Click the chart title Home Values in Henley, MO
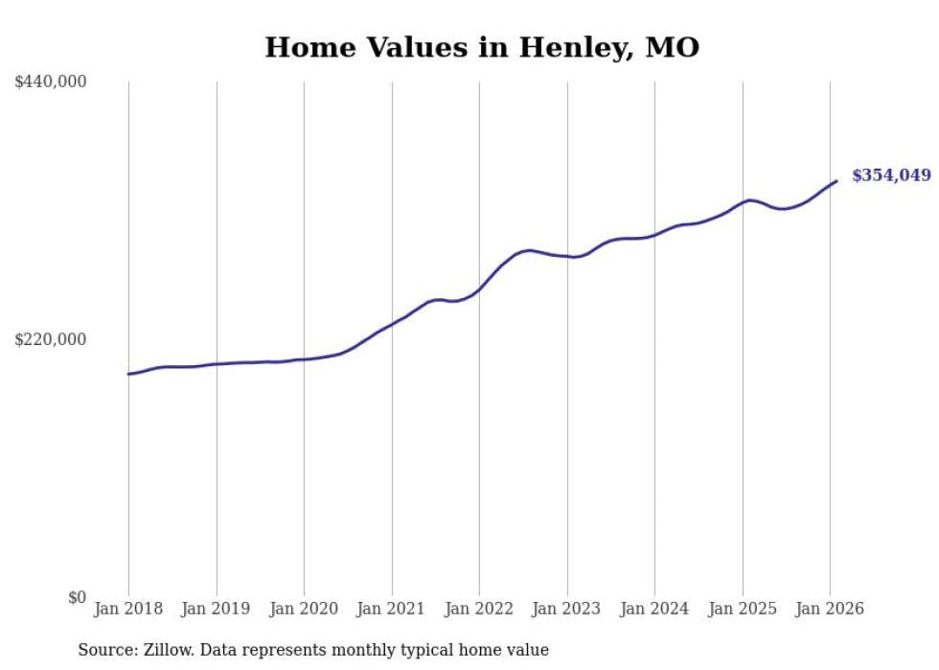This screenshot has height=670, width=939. [482, 47]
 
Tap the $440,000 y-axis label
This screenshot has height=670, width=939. [51, 82]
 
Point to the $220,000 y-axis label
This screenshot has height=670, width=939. [51, 339]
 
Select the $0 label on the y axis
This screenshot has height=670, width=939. [77, 597]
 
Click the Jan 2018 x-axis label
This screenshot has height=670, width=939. [128, 609]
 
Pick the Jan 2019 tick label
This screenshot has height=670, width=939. [216, 609]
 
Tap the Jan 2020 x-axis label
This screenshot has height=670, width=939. [304, 609]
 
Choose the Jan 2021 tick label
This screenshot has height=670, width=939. [391, 609]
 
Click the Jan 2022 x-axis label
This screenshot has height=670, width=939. [479, 609]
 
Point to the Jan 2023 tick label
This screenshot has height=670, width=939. [566, 609]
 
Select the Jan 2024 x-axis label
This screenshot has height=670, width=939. [654, 609]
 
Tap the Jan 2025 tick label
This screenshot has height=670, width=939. [742, 609]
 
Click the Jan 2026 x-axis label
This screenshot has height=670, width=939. [829, 609]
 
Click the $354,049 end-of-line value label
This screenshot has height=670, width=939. [891, 175]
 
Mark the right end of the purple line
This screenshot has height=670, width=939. [836, 181]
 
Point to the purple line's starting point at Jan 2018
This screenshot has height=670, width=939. [128, 374]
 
